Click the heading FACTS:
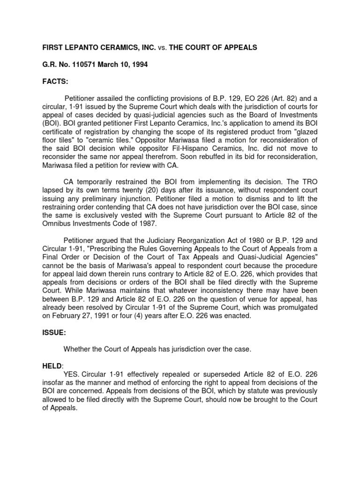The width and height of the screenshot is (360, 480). point(55,82)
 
